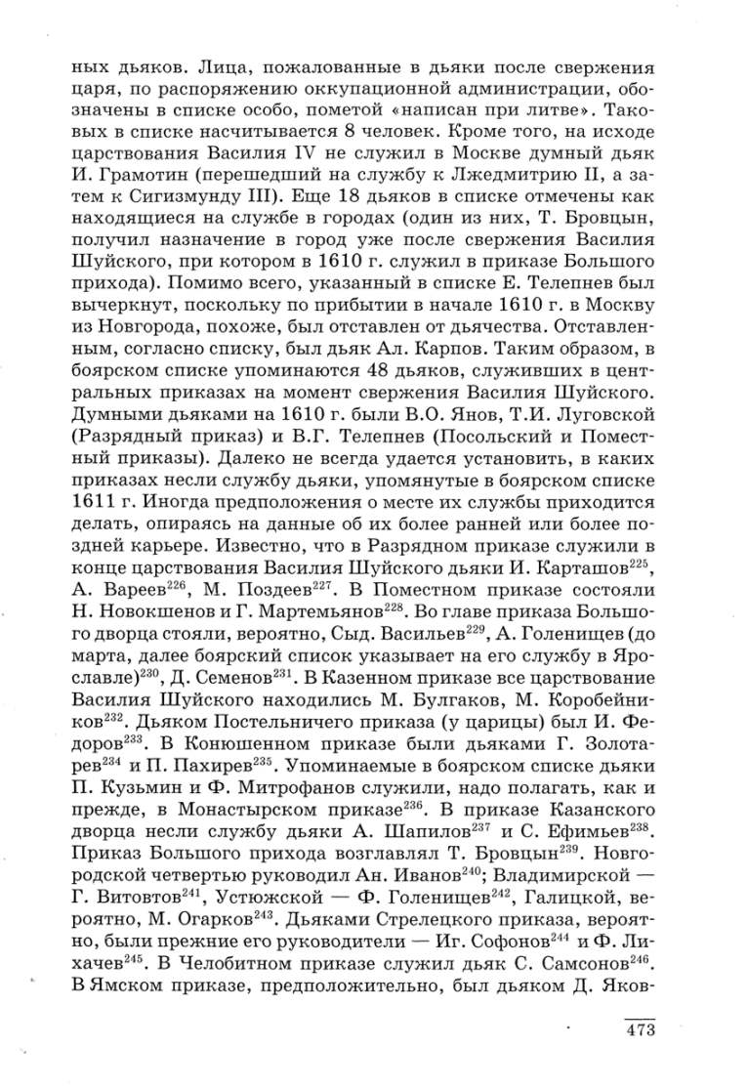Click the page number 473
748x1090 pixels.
(x=639, y=1030)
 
